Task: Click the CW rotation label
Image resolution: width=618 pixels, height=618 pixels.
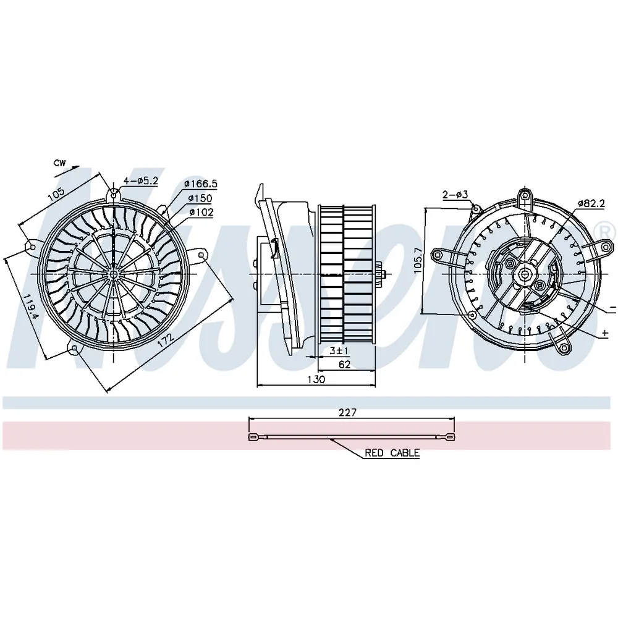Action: [x=60, y=163]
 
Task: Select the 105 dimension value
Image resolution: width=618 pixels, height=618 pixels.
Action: [x=56, y=194]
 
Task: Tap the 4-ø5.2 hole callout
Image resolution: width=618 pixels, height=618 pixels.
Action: [x=141, y=181]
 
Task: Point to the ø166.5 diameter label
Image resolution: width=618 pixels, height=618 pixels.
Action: [x=201, y=184]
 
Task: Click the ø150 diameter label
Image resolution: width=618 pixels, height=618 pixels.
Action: [x=200, y=198]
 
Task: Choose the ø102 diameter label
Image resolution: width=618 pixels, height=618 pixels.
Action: [x=201, y=213]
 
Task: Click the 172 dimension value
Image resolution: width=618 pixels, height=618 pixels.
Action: [x=166, y=341]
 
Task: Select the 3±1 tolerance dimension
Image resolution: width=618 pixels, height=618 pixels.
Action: [x=339, y=350]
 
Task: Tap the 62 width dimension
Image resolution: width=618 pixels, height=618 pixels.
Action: [x=344, y=365]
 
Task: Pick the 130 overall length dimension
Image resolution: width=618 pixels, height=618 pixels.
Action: [x=316, y=379]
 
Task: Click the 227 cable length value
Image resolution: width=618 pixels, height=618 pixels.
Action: [x=347, y=412]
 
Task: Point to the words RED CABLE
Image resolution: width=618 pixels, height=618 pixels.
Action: [x=392, y=453]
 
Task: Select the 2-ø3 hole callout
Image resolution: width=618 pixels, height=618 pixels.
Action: [x=455, y=194]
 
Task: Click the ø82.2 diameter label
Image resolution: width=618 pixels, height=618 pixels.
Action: [x=591, y=203]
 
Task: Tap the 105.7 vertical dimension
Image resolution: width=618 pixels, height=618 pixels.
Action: [x=418, y=261]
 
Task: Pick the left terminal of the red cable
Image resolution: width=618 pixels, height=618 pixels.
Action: [x=252, y=437]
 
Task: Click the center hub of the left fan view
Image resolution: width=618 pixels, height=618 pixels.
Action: [x=114, y=274]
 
